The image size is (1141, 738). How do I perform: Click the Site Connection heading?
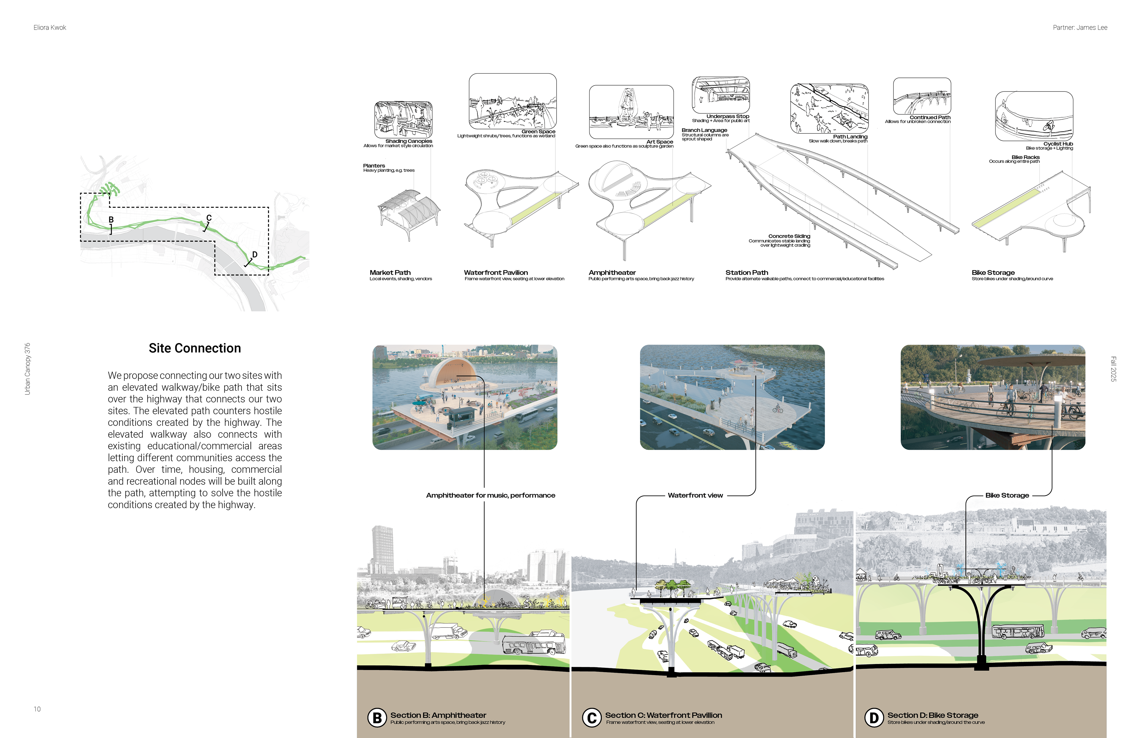pos(195,348)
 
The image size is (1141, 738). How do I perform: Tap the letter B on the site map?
pos(111,219)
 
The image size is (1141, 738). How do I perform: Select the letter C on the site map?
pos(209,218)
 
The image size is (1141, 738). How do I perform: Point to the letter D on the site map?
pos(255,255)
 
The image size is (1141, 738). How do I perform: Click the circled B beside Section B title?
pos(377,718)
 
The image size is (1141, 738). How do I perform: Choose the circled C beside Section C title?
pos(592,718)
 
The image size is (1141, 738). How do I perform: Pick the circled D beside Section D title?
pos(874,718)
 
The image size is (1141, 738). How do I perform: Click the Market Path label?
pos(390,273)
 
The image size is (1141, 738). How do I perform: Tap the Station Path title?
pos(746,273)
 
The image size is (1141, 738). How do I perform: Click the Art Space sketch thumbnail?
pos(631,112)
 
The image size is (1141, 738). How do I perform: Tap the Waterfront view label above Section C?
pos(695,495)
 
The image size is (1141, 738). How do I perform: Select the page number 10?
pos(37,709)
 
